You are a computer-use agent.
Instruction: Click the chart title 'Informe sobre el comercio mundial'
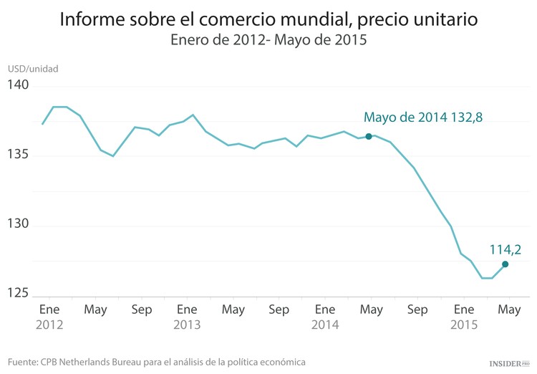(268, 18)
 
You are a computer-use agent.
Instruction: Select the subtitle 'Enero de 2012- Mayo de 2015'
(268, 40)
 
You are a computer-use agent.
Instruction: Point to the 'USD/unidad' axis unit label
(33, 69)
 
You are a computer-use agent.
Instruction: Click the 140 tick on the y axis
(18, 85)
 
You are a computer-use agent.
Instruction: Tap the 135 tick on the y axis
(18, 155)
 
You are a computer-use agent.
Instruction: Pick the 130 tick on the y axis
(18, 224)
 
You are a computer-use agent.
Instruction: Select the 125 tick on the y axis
(18, 293)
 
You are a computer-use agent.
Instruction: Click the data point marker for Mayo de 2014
(369, 136)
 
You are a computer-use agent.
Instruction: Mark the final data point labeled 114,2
(505, 264)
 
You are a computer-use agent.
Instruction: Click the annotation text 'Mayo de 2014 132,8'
(419, 118)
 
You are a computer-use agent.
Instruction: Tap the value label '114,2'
(505, 249)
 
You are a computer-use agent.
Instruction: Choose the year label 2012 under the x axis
(49, 325)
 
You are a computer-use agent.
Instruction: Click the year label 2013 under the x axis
(187, 325)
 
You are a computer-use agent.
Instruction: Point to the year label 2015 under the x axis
(463, 325)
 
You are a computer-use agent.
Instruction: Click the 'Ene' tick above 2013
(187, 310)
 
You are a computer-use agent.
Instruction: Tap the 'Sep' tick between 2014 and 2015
(417, 310)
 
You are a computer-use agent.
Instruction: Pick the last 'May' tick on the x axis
(509, 310)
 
